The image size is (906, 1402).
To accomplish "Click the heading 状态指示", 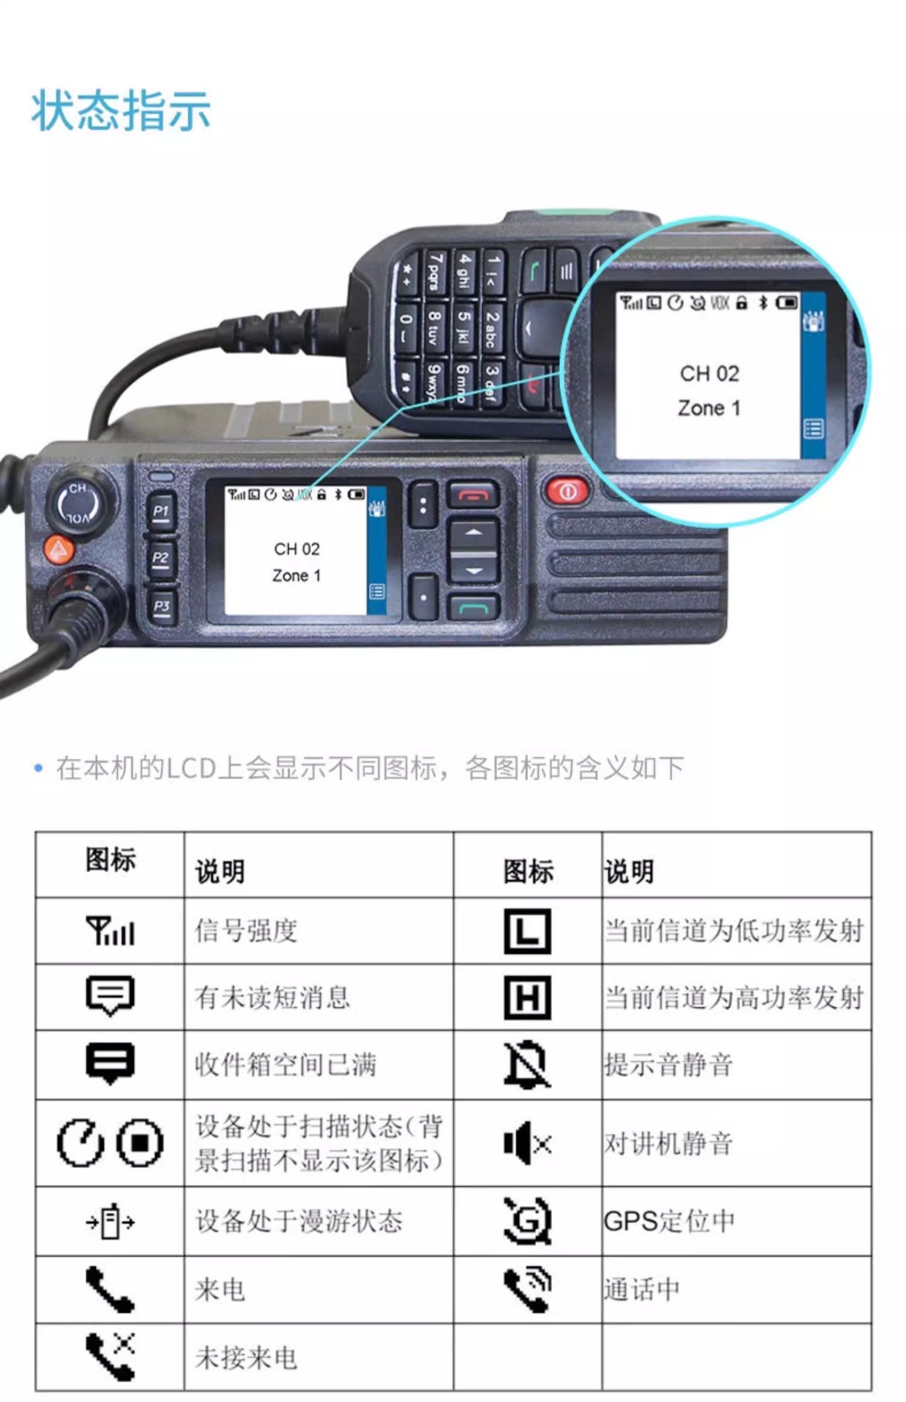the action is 121,110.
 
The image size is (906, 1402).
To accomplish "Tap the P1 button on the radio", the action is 161,512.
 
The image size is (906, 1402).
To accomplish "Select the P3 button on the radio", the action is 162,606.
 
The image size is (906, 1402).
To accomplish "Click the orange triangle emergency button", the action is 59,549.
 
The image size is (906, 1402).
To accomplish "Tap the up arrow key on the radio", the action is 474,533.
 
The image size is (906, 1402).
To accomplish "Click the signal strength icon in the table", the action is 110,930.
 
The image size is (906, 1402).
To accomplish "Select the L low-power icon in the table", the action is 527,930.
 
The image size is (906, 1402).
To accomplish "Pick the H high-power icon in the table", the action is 527,997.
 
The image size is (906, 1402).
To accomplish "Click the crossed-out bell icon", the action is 527,1064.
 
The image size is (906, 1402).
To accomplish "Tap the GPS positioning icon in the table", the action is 528,1221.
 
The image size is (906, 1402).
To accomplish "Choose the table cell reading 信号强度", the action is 246,930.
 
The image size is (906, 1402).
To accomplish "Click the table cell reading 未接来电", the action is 246,1358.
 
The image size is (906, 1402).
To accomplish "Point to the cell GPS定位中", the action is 669,1221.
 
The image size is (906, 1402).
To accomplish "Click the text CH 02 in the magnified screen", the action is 710,374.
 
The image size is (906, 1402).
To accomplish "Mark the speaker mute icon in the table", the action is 527,1143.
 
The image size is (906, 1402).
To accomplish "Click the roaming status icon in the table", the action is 110,1221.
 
